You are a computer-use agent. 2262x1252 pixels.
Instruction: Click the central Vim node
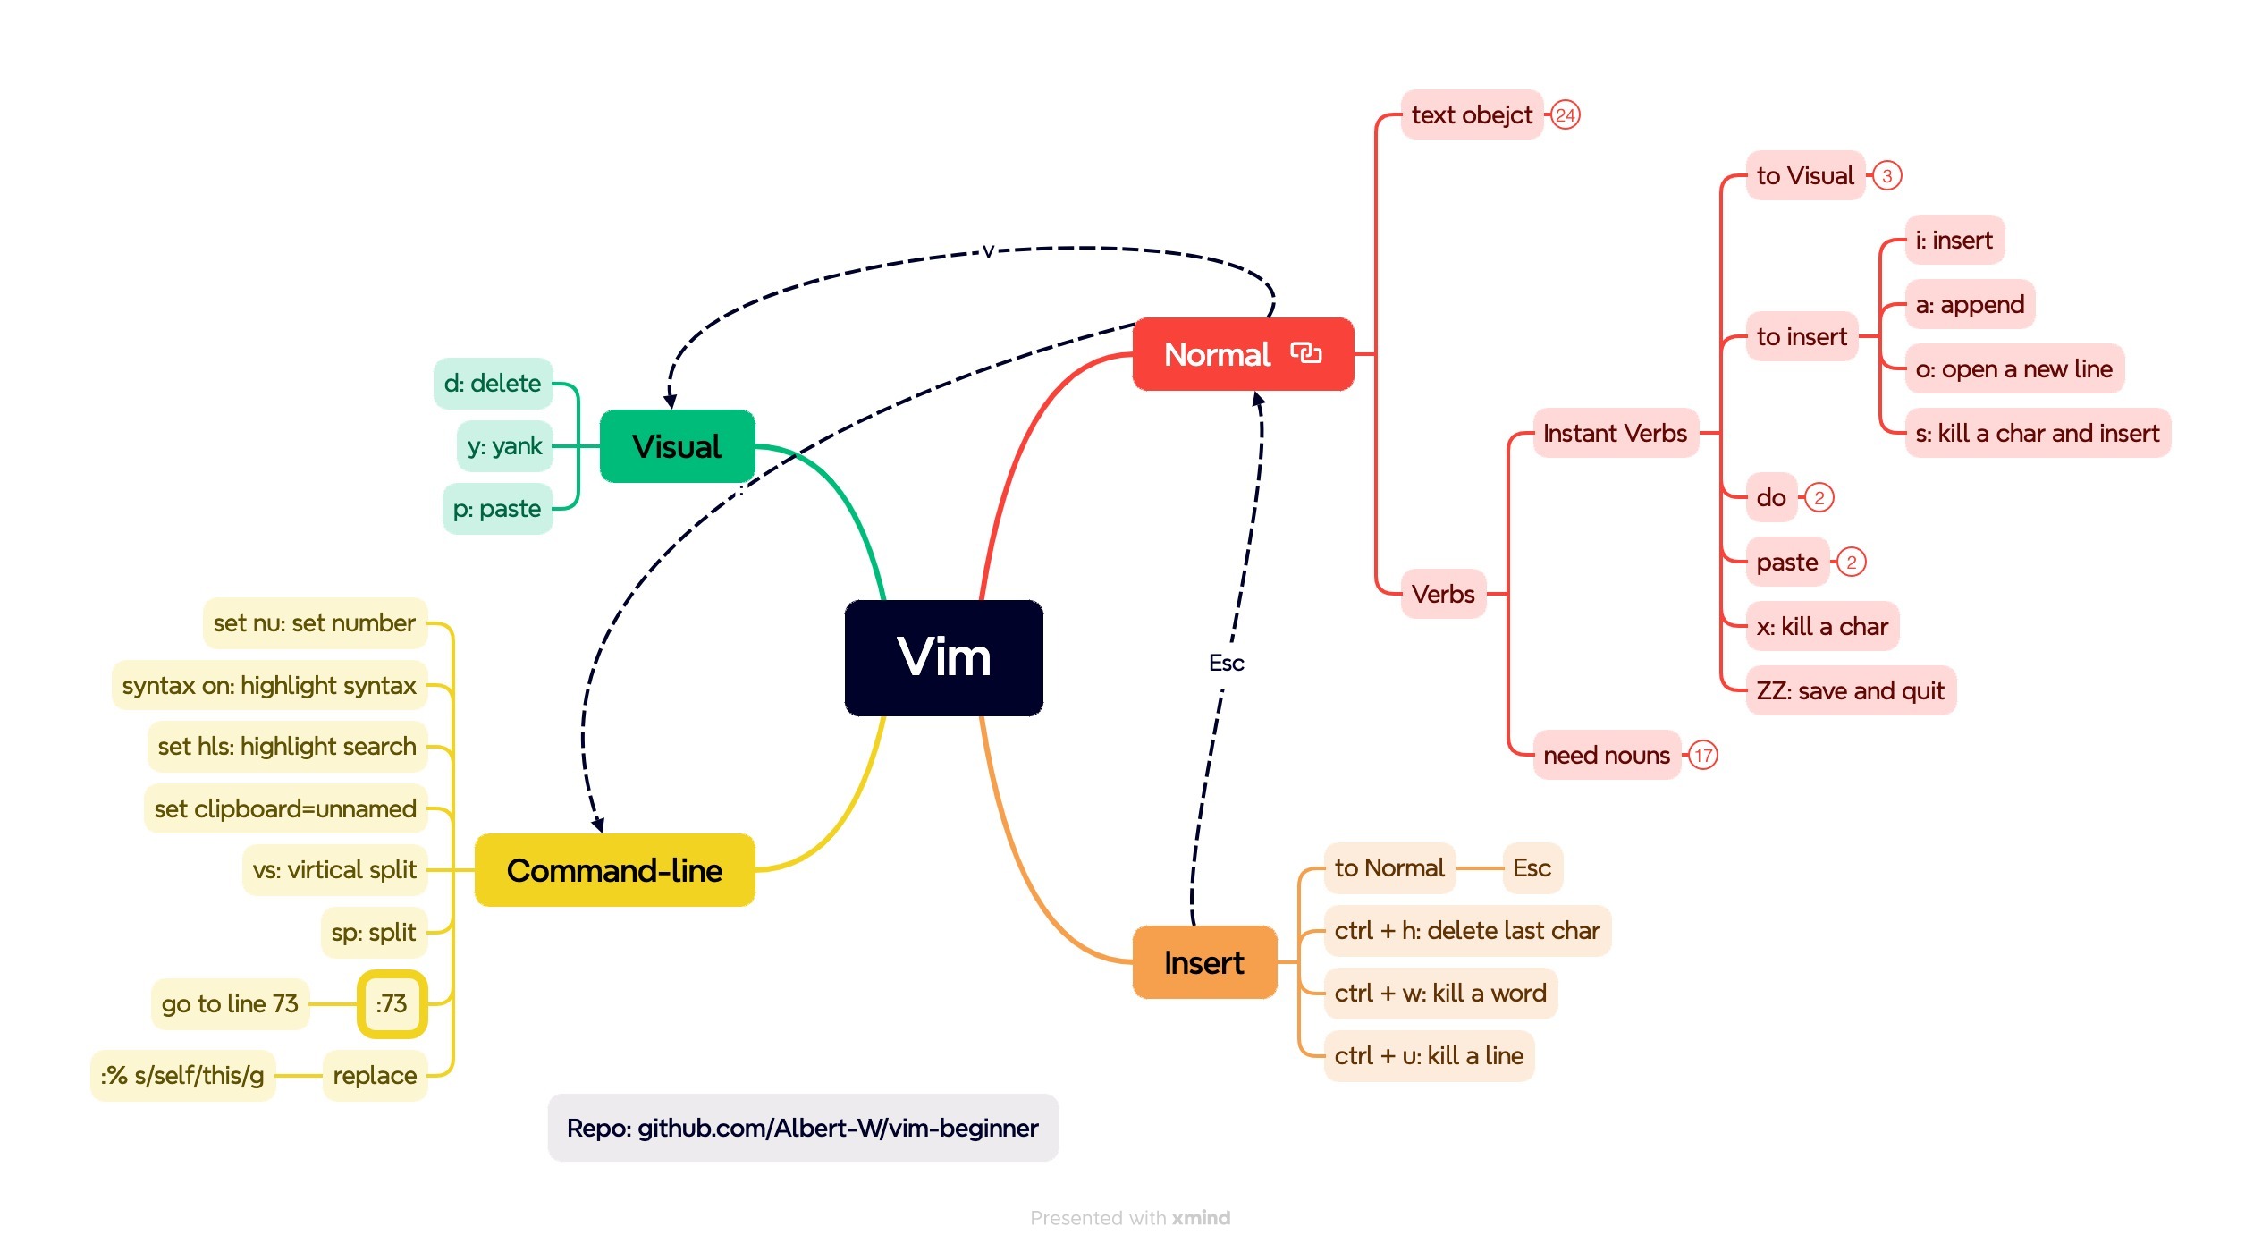(943, 657)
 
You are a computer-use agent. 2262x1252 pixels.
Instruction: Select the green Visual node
(677, 446)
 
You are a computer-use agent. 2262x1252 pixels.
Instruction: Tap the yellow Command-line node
(614, 870)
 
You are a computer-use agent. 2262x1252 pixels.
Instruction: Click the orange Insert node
(1203, 963)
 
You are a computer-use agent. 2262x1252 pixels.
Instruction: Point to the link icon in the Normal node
(1306, 353)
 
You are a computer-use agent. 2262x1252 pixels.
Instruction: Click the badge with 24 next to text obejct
(1565, 115)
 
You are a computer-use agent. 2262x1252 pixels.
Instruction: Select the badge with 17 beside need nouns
(1703, 756)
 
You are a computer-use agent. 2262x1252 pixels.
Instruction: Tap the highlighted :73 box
(392, 1003)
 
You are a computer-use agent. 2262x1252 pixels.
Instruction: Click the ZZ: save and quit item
(1850, 690)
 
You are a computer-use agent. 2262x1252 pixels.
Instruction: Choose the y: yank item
(504, 445)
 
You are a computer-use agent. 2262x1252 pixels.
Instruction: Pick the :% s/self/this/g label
(182, 1075)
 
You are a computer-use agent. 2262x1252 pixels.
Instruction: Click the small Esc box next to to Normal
(1532, 867)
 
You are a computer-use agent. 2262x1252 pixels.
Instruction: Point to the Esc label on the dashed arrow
(1226, 663)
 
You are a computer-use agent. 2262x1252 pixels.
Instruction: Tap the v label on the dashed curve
(988, 251)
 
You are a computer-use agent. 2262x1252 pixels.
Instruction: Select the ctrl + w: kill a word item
(1439, 993)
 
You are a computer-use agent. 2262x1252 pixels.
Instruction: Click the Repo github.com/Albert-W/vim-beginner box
(802, 1128)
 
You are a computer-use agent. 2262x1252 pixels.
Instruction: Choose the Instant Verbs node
(1615, 434)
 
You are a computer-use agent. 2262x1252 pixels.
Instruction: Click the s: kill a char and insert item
(2037, 434)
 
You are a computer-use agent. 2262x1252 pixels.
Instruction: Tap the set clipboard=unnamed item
(285, 808)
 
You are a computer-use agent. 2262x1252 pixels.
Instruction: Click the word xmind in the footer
(1201, 1218)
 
